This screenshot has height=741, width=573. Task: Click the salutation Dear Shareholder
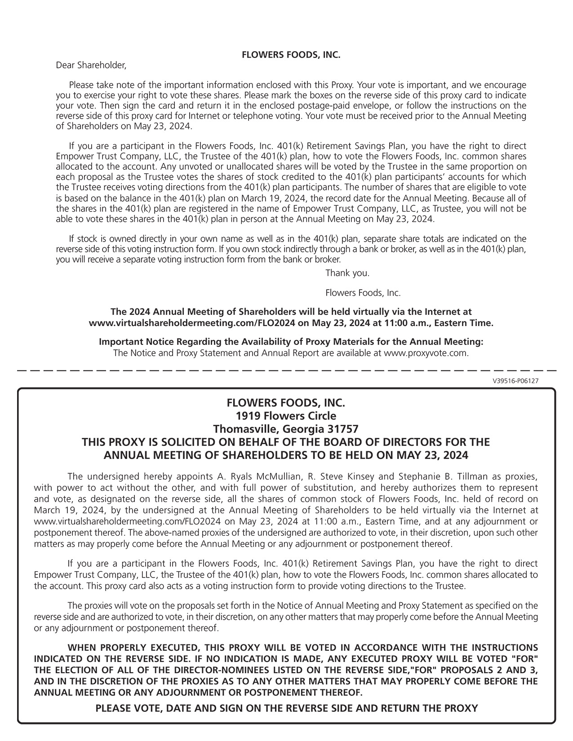(91, 66)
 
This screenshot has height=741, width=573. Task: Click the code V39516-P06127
(515, 381)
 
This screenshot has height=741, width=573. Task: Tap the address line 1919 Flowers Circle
(286, 415)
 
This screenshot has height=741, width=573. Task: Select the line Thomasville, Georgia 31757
(286, 428)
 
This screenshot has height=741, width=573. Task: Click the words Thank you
(347, 273)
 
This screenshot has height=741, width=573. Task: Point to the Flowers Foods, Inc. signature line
(363, 293)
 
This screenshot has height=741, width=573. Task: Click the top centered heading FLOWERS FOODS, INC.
(291, 55)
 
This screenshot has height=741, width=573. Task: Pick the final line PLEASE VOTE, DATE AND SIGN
(286, 708)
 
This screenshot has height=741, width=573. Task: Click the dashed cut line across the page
(286, 370)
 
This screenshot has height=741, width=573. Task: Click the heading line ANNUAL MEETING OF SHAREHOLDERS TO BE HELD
(286, 455)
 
